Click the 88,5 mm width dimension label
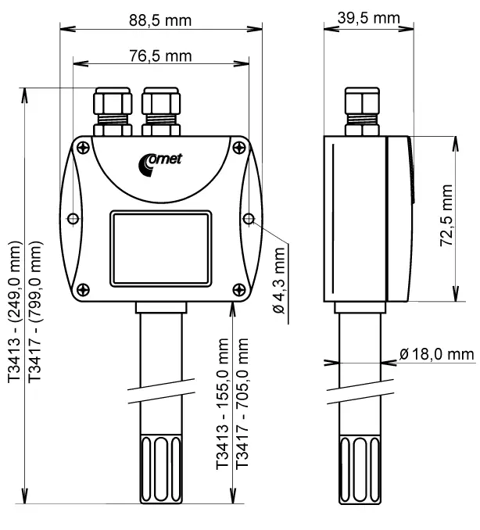click(x=161, y=20)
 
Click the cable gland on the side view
click(x=362, y=110)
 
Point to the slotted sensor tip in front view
click(x=161, y=468)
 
